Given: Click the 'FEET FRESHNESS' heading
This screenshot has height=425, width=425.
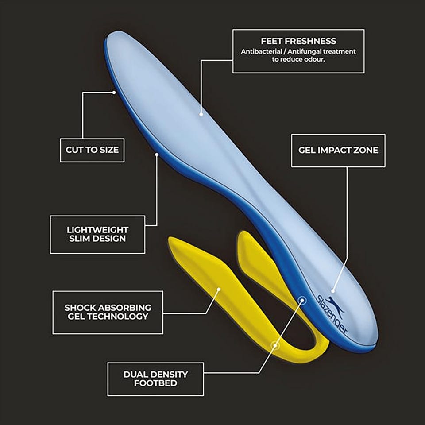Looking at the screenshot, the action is point(298,41).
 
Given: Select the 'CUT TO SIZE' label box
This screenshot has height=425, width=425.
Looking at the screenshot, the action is point(92,150).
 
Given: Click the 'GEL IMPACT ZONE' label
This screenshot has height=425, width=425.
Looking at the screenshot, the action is point(338,151).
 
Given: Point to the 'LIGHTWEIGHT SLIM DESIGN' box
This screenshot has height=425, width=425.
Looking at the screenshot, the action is point(97,235).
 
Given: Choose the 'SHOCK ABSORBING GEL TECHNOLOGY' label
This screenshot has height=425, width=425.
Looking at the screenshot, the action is point(108,312).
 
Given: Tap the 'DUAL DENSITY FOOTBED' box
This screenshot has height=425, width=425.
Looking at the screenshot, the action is point(155,379).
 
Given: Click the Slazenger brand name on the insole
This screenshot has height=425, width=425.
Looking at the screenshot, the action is point(332,314).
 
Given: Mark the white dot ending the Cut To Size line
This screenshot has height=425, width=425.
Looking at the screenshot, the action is point(114,93).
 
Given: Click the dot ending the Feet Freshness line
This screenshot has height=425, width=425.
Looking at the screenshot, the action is point(201,114).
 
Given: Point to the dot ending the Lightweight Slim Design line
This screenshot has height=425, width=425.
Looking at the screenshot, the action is point(157,155).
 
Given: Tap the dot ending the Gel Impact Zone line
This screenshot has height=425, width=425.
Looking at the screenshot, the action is point(333,291).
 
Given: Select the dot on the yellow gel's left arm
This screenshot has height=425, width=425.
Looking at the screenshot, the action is point(219,290).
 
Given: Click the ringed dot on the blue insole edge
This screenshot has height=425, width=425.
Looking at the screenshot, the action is point(302,300).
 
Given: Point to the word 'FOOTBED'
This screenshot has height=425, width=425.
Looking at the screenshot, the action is point(155,383).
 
